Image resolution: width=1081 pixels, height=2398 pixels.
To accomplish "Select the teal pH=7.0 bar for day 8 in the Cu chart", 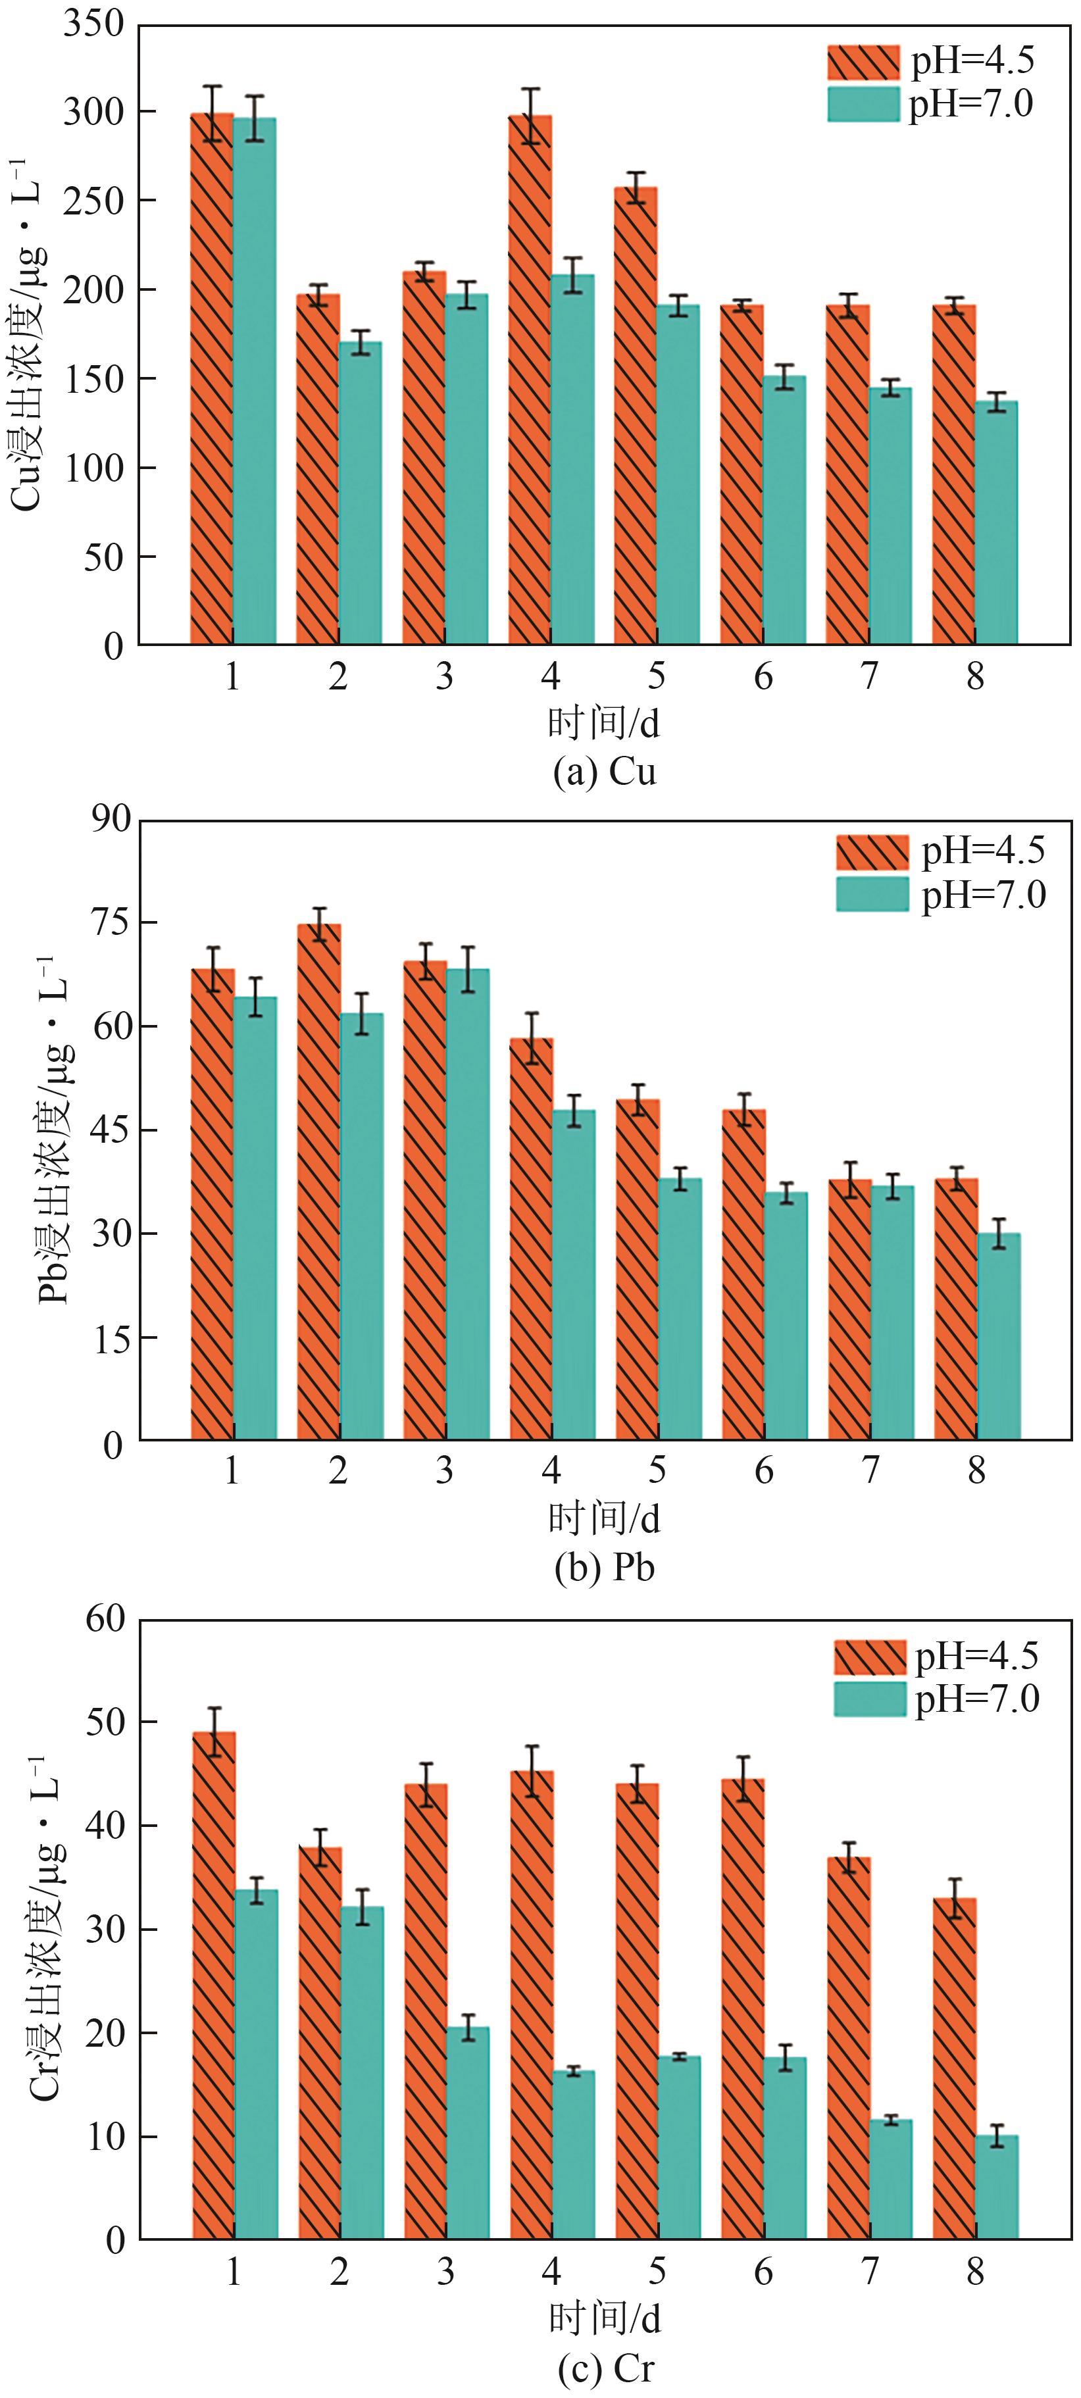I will [996, 521].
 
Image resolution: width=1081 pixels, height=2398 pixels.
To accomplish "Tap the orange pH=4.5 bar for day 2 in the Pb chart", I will [319, 1182].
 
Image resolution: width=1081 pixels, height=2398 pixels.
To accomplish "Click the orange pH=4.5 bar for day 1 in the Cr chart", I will [214, 1983].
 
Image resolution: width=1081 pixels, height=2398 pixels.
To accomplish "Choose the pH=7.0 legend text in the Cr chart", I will [977, 1700].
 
